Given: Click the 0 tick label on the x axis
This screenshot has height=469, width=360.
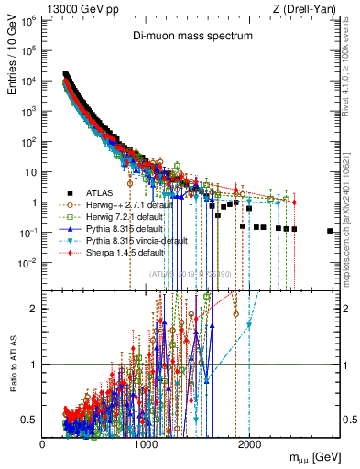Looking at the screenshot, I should [x=43, y=443].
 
